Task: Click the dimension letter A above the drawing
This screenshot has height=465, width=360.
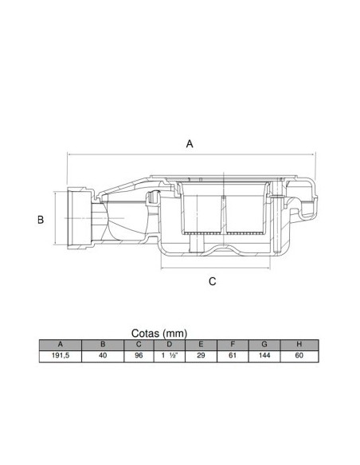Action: tap(190, 144)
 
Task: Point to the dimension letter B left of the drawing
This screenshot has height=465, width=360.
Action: tap(41, 220)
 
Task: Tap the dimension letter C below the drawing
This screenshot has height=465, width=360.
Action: tap(213, 281)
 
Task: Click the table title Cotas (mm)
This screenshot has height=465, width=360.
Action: tap(159, 334)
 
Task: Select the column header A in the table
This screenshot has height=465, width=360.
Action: tap(61, 345)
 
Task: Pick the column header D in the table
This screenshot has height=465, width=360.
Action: tap(170, 345)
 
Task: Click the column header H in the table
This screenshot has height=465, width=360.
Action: tap(299, 345)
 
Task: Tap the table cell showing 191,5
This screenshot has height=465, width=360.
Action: tap(61, 356)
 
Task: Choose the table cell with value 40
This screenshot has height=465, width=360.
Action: tap(103, 356)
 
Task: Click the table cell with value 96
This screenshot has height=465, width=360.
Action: tap(139, 356)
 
